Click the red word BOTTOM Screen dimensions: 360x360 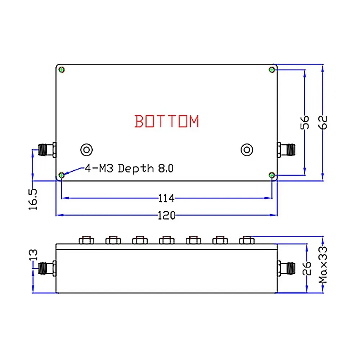click(167, 121)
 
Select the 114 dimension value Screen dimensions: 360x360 click(166, 198)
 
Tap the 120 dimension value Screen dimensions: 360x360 click(166, 215)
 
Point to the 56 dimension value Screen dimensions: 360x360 click(305, 122)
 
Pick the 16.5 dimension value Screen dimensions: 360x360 click(33, 198)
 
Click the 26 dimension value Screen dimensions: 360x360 click(306, 268)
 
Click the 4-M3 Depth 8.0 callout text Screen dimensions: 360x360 click(129, 168)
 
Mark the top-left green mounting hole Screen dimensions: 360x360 click(62, 69)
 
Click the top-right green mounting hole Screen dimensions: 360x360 click(272, 69)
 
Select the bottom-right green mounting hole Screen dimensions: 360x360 click(272, 175)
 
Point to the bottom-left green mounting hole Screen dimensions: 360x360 click(62, 175)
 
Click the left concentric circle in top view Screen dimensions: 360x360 click(86, 149)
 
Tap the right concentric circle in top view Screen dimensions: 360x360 click(247, 149)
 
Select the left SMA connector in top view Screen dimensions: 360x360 click(46, 149)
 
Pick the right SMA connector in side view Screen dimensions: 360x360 click(287, 267)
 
